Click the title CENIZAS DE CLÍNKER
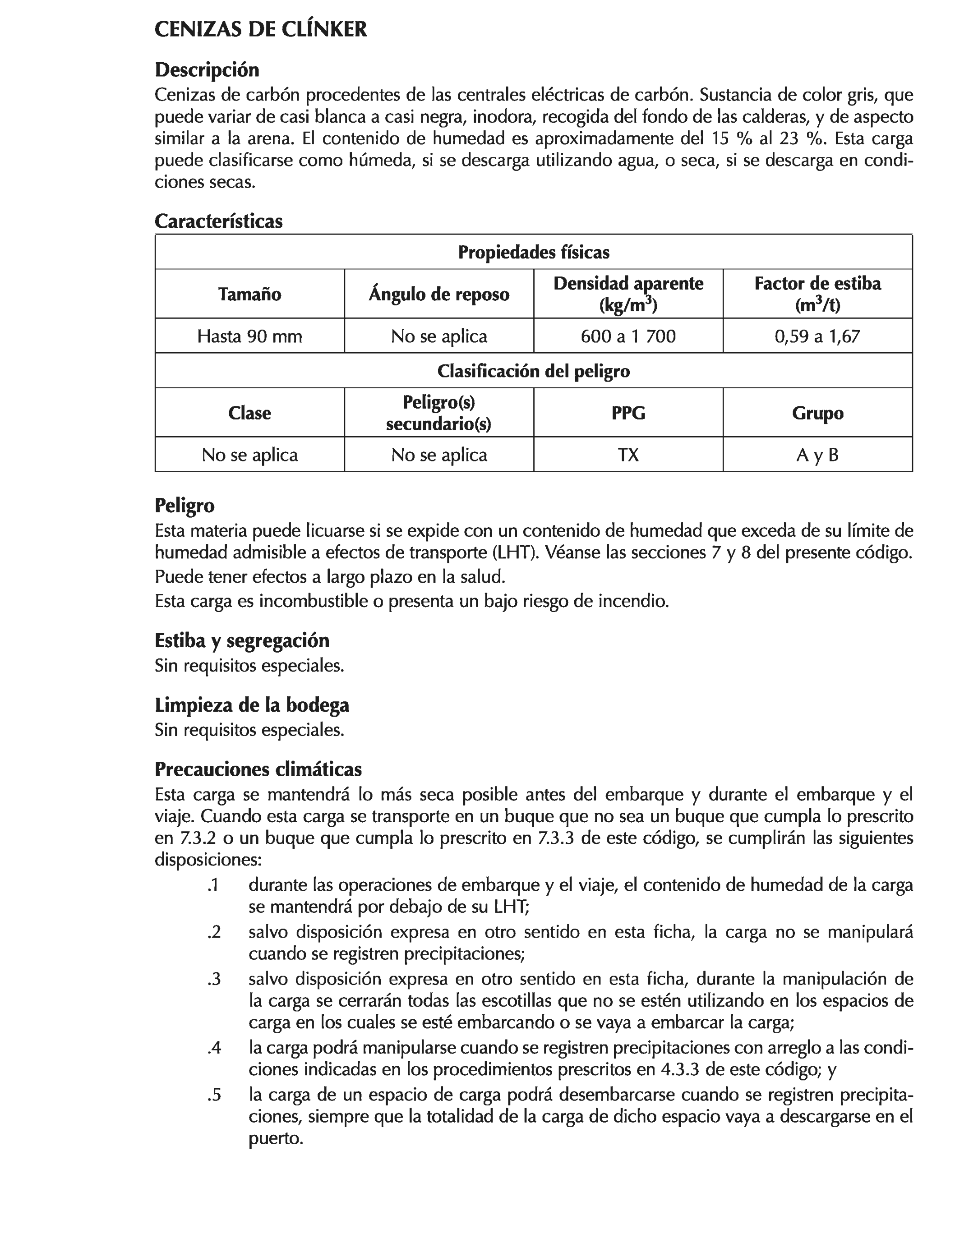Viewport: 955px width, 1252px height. (260, 30)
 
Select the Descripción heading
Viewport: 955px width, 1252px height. (207, 70)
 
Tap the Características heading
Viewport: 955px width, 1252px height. (218, 221)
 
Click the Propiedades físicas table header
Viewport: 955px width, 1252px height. (533, 252)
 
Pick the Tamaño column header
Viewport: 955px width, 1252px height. (249, 295)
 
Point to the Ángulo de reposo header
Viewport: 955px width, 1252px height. (439, 295)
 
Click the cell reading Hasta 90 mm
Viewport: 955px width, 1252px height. (249, 336)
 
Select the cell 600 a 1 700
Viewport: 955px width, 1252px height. (628, 336)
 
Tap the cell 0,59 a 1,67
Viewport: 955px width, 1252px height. (817, 336)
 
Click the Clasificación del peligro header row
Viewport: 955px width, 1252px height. (533, 371)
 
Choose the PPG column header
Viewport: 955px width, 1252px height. (628, 413)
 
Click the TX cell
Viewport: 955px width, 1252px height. (628, 455)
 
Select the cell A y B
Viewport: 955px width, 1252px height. (817, 455)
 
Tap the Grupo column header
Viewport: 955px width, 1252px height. (817, 413)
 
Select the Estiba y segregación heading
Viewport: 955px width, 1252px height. (242, 640)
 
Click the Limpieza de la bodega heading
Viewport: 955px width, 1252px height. (252, 705)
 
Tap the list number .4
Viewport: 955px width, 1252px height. (214, 1047)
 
